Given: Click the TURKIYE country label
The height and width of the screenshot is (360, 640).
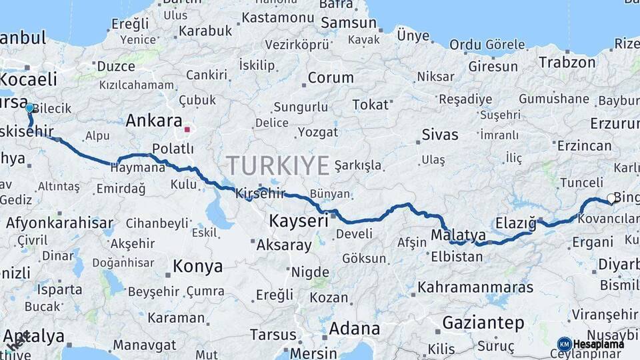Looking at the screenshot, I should [x=277, y=165].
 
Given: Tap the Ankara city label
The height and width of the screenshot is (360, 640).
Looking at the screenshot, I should [x=154, y=121].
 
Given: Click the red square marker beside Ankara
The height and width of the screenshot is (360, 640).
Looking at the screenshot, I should [x=187, y=129].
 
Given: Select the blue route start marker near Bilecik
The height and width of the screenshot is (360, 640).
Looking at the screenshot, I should [x=29, y=107].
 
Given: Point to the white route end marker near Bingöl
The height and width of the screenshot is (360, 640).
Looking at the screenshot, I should [x=611, y=198].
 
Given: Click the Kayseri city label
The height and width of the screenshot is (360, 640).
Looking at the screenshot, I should [x=298, y=221].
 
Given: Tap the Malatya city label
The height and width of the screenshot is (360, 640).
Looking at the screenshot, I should [x=458, y=235].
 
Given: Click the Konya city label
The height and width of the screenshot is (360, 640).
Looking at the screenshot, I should [x=197, y=267].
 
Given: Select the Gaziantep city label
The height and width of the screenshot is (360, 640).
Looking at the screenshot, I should [x=483, y=323].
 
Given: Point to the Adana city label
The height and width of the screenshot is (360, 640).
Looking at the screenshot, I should [x=354, y=329].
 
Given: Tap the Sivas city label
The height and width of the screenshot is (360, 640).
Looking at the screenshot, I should [x=440, y=135].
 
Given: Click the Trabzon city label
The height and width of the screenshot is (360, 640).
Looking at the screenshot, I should [x=567, y=63].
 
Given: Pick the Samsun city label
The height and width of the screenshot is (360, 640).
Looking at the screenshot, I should [x=349, y=23].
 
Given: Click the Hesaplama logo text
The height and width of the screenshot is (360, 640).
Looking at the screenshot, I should [x=599, y=344].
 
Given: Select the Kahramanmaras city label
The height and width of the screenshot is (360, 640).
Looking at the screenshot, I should [x=475, y=287].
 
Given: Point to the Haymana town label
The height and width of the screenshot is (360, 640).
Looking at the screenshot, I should [x=137, y=168].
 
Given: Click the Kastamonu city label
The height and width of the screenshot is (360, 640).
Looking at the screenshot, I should [x=277, y=18].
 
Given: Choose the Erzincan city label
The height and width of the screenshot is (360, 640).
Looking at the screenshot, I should [x=584, y=146].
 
